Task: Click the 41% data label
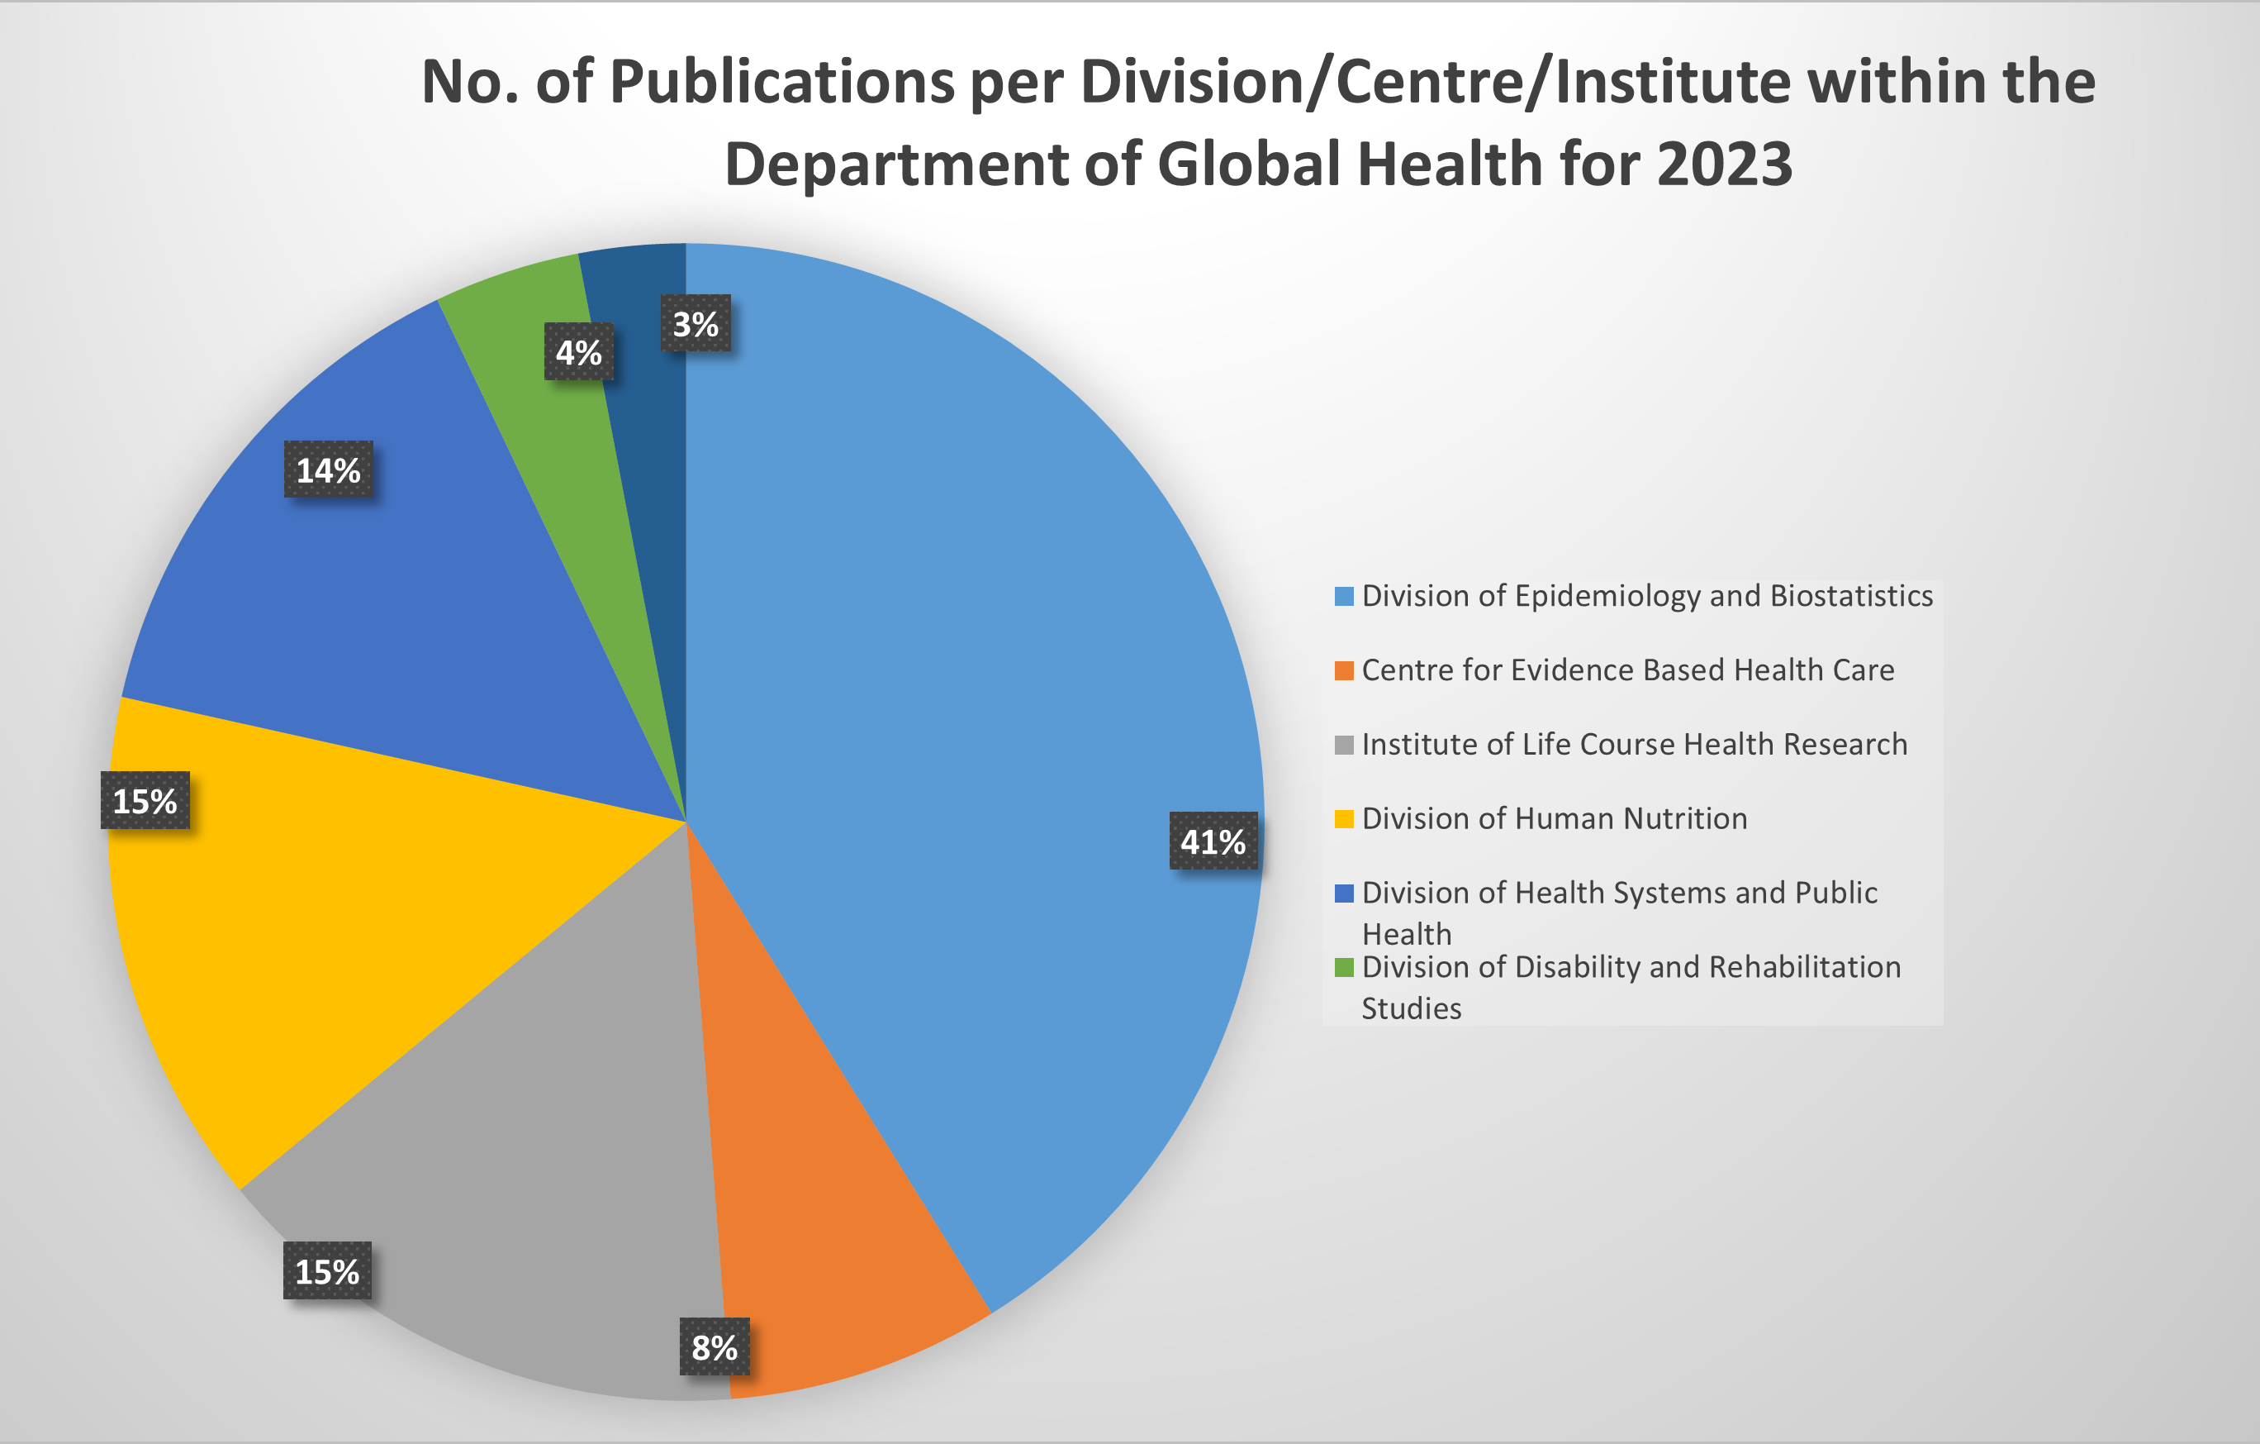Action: pyautogui.click(x=1213, y=841)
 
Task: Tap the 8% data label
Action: pyautogui.click(x=715, y=1347)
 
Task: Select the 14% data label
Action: pyautogui.click(x=329, y=469)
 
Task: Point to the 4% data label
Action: pyautogui.click(x=578, y=352)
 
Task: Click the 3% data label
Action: pyautogui.click(x=696, y=324)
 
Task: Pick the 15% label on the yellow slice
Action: pyautogui.click(x=145, y=801)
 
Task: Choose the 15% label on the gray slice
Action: pyautogui.click(x=326, y=1271)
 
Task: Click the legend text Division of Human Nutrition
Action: pyautogui.click(x=1555, y=818)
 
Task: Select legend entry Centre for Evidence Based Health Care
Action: pyautogui.click(x=1627, y=670)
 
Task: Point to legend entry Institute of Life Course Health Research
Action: pyautogui.click(x=1634, y=745)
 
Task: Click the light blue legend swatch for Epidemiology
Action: pyautogui.click(x=1344, y=597)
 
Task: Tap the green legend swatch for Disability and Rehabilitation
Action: pyautogui.click(x=1344, y=968)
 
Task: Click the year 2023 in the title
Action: pyautogui.click(x=1724, y=164)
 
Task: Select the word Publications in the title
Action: pyautogui.click(x=784, y=82)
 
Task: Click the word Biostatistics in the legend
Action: pyautogui.click(x=1851, y=596)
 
